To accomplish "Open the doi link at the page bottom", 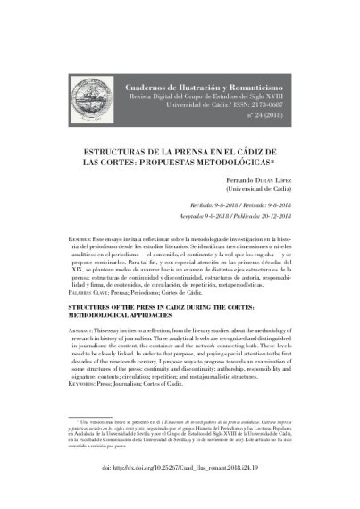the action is (180, 491).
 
